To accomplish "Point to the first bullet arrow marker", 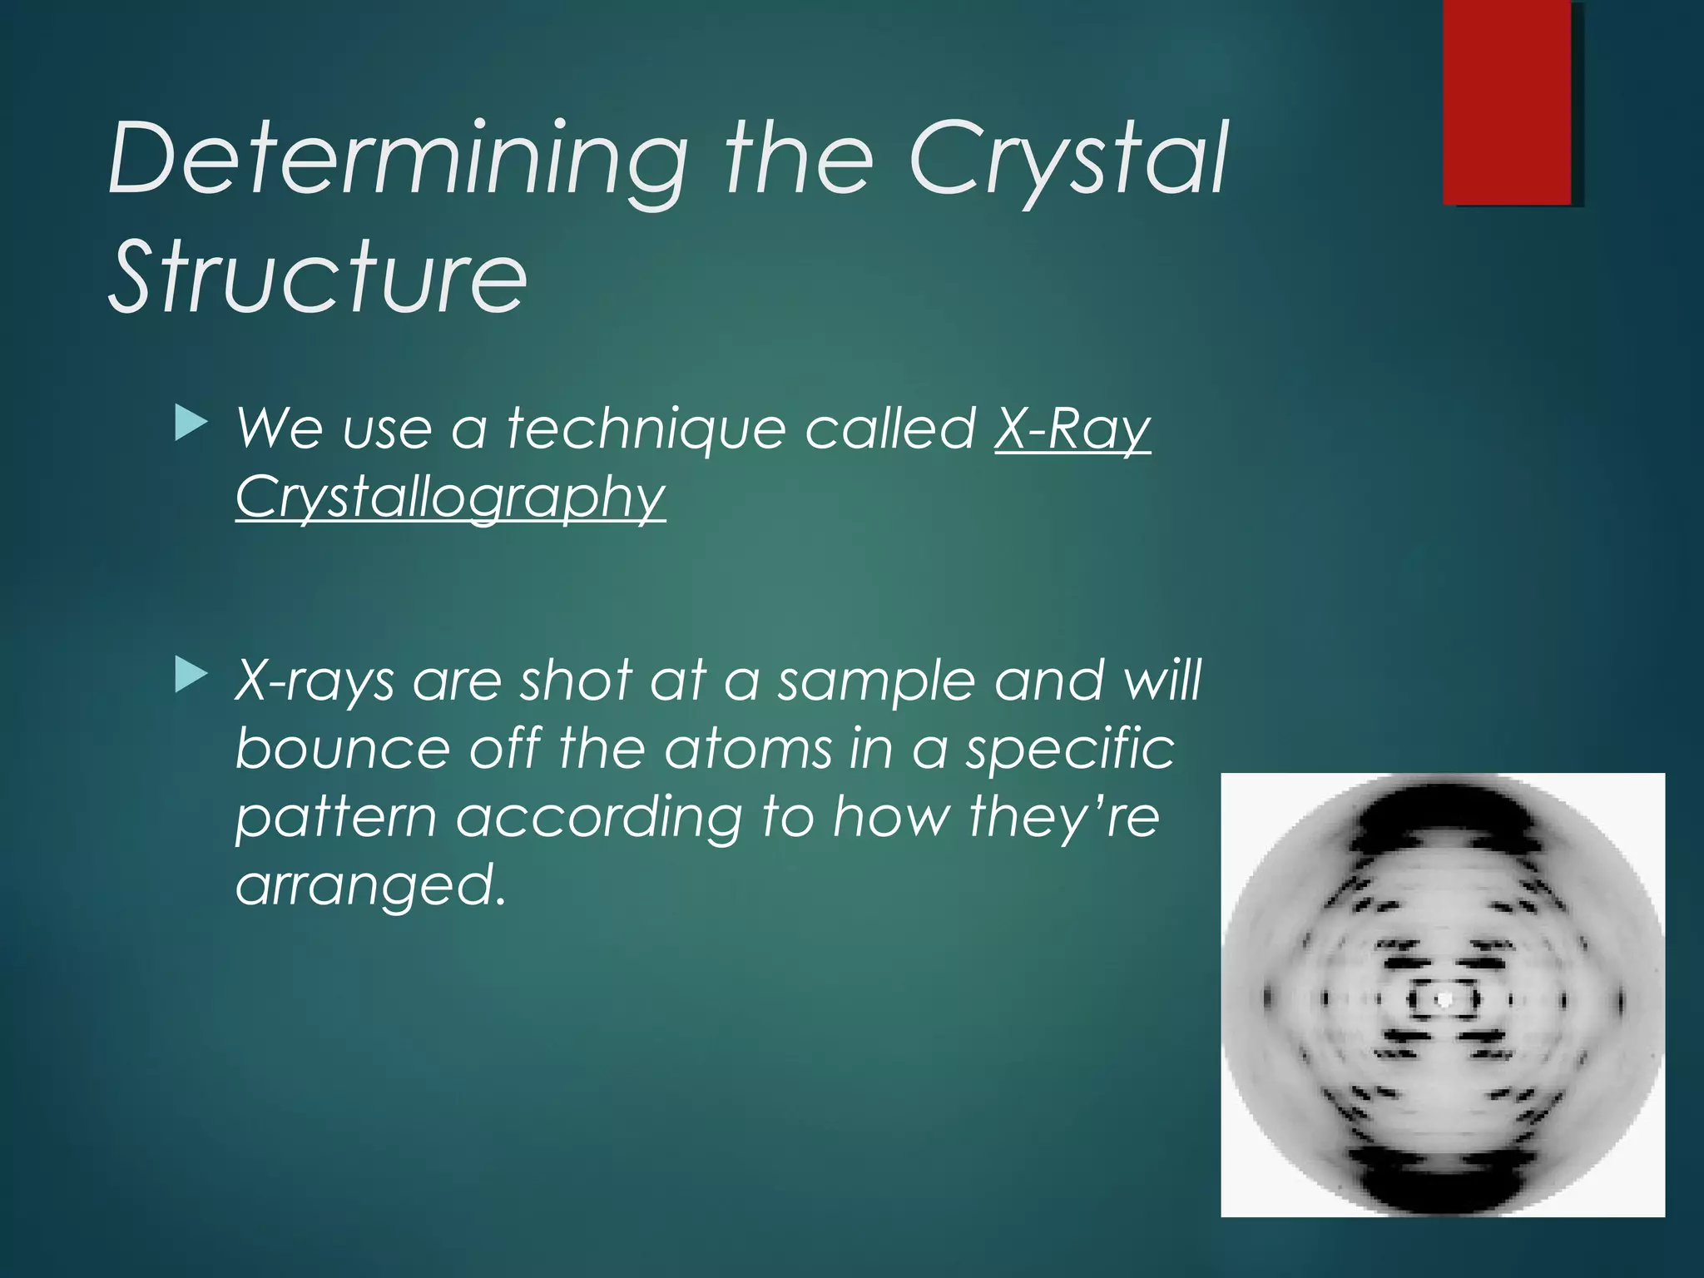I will point(191,424).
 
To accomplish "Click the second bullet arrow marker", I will point(191,675).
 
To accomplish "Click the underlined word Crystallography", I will point(450,498).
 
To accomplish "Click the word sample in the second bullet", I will point(875,681).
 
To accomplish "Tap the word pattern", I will point(336,816).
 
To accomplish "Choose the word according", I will point(599,816).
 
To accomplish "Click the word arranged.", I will point(370,884).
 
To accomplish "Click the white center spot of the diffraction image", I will point(1444,998).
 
